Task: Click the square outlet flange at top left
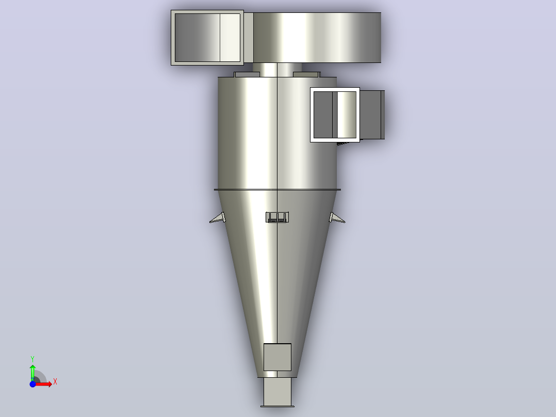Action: click(207, 38)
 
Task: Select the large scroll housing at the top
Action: click(317, 38)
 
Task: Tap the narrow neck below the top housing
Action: click(277, 70)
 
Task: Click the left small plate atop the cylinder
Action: click(247, 74)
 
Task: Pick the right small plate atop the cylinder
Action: click(307, 74)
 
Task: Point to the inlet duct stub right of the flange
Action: click(372, 115)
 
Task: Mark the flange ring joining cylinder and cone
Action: click(277, 190)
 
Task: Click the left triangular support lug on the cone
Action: click(218, 218)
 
